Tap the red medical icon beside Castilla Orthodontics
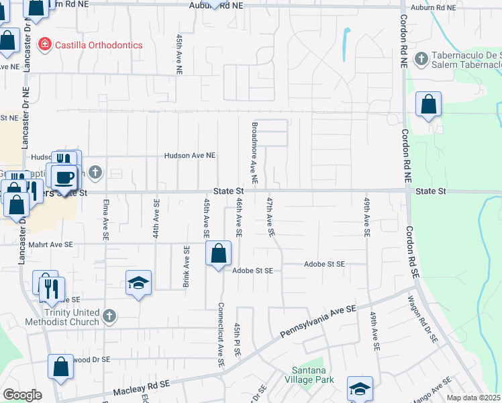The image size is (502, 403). click(x=45, y=44)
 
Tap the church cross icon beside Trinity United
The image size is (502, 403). click(x=109, y=314)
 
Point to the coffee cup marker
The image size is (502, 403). click(x=64, y=177)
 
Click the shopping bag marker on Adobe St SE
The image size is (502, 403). click(x=219, y=255)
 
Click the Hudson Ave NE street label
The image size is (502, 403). click(x=191, y=155)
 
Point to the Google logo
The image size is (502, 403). click(x=23, y=394)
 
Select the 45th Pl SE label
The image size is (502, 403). click(x=237, y=341)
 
